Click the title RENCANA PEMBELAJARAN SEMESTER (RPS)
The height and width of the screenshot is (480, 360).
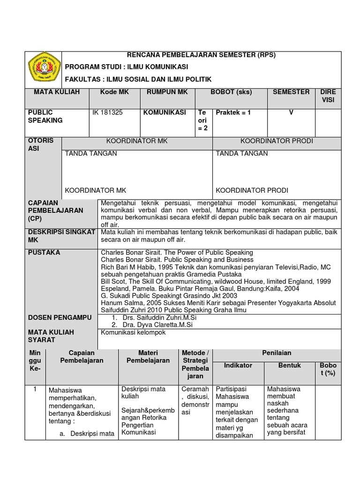point(202,55)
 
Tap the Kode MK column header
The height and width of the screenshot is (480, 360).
point(114,92)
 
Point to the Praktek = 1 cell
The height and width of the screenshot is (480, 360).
point(233,112)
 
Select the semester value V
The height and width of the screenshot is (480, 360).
point(291,112)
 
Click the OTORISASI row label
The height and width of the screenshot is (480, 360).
point(41,144)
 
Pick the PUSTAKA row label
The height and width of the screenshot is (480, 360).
point(44,253)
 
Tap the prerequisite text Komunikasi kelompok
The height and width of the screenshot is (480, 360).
point(133,332)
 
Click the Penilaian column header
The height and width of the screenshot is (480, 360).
point(277,353)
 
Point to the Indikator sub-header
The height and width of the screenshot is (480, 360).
point(238,365)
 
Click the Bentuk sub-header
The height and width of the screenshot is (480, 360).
point(290,365)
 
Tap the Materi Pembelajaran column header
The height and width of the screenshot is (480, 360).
point(148,357)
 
